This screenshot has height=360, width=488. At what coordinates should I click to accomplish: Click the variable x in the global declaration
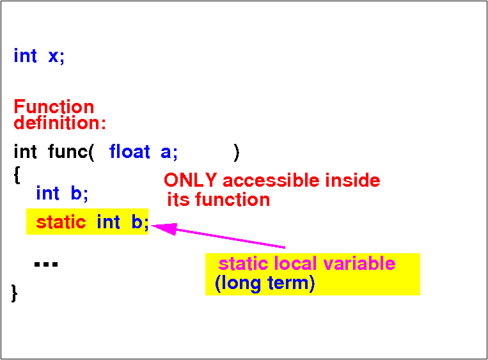coord(53,57)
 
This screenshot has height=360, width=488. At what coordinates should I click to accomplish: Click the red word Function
coord(54,107)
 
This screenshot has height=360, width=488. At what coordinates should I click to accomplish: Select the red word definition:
coord(59,123)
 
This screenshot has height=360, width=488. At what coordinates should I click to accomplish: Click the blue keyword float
coord(129,152)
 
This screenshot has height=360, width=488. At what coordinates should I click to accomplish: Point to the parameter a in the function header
coord(166,152)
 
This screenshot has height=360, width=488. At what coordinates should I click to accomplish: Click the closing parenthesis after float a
coord(237,153)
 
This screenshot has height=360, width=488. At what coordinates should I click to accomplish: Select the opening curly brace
coord(17,175)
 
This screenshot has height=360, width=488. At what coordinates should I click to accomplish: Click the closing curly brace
coord(14,293)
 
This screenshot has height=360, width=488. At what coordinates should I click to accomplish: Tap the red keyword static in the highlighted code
coord(61,222)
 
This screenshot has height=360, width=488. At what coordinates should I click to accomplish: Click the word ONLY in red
coord(190,180)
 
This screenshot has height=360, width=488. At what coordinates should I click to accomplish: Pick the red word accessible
coord(271,180)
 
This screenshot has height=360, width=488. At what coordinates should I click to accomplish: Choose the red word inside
coord(352,180)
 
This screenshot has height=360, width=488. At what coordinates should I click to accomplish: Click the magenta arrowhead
coord(164,229)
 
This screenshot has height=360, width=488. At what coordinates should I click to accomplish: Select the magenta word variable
coord(359,263)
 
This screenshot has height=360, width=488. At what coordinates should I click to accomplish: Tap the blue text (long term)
coord(265,283)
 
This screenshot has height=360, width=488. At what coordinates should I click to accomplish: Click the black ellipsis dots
coord(46,265)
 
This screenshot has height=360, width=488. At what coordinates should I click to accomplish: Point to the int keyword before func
coord(25,152)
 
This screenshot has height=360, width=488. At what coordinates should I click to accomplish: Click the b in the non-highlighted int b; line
coord(76,193)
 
